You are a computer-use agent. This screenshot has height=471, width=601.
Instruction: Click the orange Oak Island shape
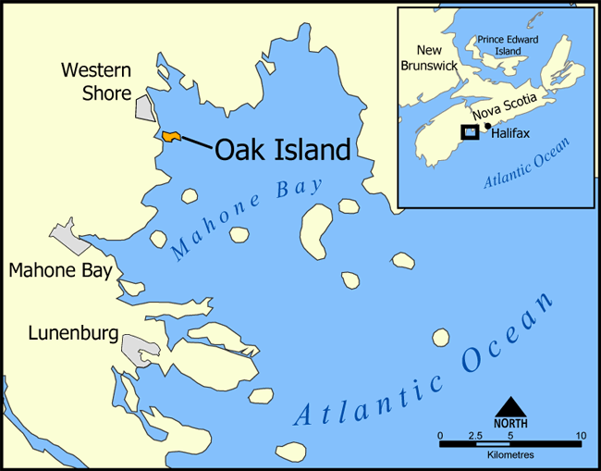(x=170, y=137)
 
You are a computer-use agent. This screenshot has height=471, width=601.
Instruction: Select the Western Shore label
(x=96, y=81)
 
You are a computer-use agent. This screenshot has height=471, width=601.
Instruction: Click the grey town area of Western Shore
(x=144, y=107)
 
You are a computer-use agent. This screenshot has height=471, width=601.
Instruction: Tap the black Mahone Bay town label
(x=60, y=271)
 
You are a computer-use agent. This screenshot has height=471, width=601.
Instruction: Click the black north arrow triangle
(x=511, y=407)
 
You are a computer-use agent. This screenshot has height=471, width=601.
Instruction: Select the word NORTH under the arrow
(x=511, y=423)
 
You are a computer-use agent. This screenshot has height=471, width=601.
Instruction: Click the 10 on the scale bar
(x=580, y=435)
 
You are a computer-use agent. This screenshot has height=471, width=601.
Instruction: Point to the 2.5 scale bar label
(x=475, y=435)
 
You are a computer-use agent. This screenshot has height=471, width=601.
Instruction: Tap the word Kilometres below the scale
(x=510, y=455)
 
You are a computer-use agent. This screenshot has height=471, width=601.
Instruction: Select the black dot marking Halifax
(x=487, y=126)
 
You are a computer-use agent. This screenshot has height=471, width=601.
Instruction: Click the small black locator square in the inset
(x=471, y=132)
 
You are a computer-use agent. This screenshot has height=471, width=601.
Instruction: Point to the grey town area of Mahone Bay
(x=70, y=237)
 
